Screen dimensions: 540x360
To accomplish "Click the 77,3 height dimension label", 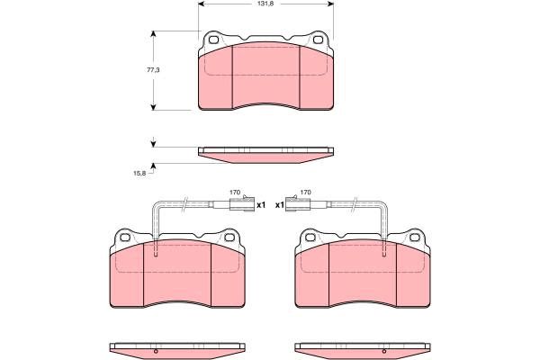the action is point(153,70).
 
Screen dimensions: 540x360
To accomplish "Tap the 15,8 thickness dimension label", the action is point(139,174).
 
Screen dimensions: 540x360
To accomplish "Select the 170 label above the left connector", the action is point(235,193).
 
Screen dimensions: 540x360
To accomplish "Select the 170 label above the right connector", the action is point(305,193).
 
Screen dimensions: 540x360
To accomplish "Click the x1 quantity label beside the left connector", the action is point(261,205).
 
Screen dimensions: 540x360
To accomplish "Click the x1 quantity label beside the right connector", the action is point(280,205).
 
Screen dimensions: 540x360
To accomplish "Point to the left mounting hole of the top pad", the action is point(213,40).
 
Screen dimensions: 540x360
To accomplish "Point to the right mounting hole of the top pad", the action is point(318,40).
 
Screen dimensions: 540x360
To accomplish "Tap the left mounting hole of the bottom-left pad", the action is point(125,238).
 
